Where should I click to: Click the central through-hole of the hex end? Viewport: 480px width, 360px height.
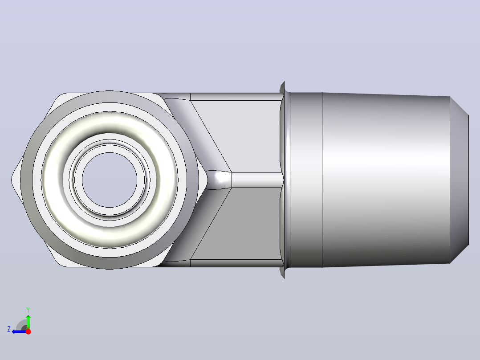coord(110,180)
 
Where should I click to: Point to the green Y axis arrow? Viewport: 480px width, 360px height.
coord(28,322)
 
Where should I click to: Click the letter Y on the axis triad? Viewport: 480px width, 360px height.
coord(28,310)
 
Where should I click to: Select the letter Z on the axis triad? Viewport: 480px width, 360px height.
coord(9,329)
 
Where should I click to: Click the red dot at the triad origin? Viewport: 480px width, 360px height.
coord(28,331)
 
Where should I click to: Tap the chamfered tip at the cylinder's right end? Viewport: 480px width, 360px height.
coord(459,180)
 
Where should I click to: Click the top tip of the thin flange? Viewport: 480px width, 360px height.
coord(284,82)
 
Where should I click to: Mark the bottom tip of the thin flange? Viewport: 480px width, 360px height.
coord(284,278)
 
